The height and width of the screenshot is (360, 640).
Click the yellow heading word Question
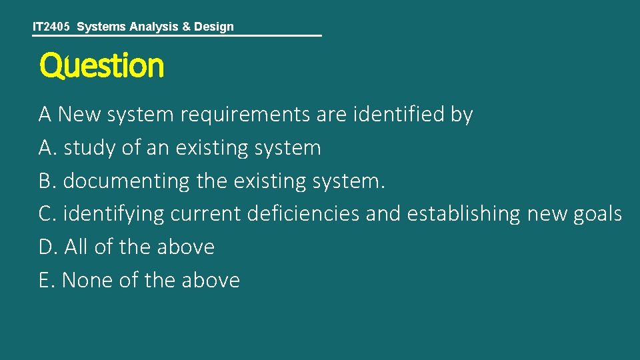(x=101, y=66)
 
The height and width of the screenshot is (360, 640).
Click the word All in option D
(x=76, y=247)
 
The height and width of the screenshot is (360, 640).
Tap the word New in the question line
(x=75, y=115)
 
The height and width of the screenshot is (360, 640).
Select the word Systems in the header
(x=101, y=27)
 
